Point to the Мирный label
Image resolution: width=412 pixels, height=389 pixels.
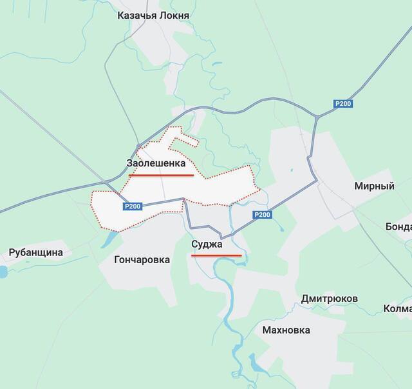pyautogui.click(x=374, y=186)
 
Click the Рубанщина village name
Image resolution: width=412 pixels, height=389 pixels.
pyautogui.click(x=36, y=252)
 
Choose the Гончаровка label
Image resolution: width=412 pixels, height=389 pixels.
pyautogui.click(x=142, y=260)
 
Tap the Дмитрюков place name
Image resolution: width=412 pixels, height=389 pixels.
pyautogui.click(x=330, y=299)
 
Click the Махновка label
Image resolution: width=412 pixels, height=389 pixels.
pyautogui.click(x=286, y=330)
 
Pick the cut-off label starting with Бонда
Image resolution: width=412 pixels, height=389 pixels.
pyautogui.click(x=398, y=226)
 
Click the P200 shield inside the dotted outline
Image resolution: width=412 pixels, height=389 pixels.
pyautogui.click(x=132, y=206)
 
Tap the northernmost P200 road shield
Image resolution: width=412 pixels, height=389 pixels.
pyautogui.click(x=342, y=103)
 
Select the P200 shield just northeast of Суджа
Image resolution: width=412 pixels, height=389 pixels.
pyautogui.click(x=261, y=215)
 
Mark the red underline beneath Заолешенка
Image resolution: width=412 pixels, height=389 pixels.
pyautogui.click(x=161, y=175)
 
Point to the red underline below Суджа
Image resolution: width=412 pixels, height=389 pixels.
pyautogui.click(x=217, y=255)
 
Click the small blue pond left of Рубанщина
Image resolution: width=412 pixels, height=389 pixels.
pyautogui.click(x=2, y=271)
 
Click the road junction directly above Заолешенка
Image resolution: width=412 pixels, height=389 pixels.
pyautogui.click(x=138, y=145)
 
